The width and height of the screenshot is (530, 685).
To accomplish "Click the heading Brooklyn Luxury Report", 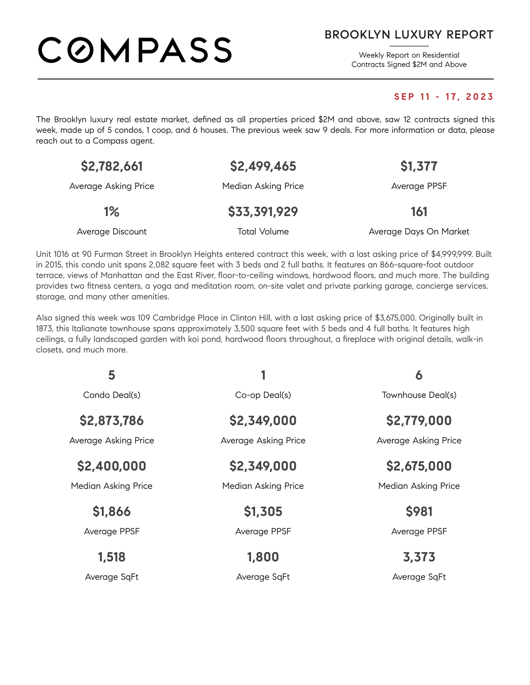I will point(409,35).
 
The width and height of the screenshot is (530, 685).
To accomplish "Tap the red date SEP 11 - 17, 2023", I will point(444,97).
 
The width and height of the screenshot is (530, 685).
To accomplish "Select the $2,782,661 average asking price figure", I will point(112,166).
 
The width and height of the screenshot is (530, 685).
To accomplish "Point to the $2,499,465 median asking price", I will point(263,166).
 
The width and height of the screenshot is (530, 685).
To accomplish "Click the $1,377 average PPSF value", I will point(419,166).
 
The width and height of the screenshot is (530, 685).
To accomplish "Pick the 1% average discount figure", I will point(112,212).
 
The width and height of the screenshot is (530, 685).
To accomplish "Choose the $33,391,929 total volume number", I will point(263,212).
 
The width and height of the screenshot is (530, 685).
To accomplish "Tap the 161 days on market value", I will point(419,212).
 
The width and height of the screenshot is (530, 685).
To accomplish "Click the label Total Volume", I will point(263,231).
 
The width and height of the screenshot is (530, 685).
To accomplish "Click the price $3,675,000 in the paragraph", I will point(395,318).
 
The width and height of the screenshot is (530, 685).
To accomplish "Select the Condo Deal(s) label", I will point(112,395).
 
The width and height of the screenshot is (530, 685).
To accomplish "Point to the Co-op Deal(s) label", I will point(263,395).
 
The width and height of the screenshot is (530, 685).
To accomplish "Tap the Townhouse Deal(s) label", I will point(419,395).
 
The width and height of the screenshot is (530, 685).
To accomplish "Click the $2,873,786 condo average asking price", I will point(112,421).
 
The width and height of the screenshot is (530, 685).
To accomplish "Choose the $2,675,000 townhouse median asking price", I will point(419,466).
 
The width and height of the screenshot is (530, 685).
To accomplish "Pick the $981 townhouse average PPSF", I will point(419,512).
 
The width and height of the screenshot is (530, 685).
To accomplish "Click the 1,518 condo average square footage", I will point(112,557).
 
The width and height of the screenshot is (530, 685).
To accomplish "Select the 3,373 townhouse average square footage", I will point(419,557).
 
